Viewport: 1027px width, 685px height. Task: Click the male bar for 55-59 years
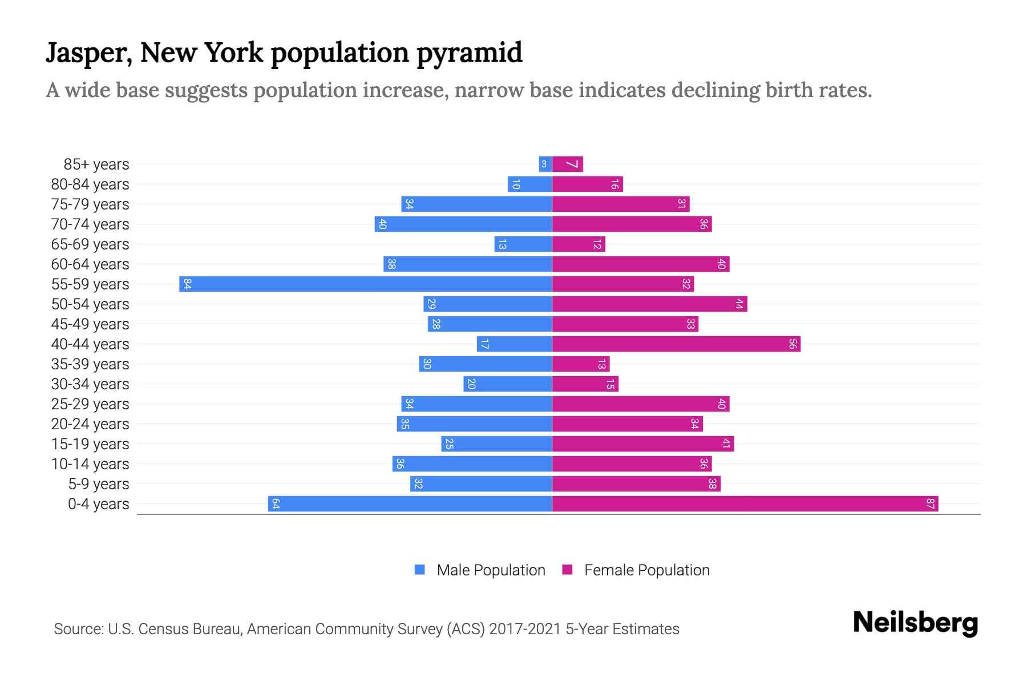pos(365,284)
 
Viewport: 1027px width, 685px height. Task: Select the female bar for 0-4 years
pos(745,503)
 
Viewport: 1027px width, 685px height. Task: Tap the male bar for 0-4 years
pos(410,503)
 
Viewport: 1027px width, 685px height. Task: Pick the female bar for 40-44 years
pos(676,344)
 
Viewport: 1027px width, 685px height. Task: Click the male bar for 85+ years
pos(545,164)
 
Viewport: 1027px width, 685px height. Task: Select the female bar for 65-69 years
pos(579,244)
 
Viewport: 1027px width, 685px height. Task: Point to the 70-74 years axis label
pos(90,224)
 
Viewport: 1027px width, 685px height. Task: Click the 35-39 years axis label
pos(90,364)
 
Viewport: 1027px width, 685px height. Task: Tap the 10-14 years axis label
pos(90,464)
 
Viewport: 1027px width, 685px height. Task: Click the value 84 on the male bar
pos(187,284)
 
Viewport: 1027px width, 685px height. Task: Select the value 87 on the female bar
pos(930,503)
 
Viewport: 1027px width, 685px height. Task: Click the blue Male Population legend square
pos(420,570)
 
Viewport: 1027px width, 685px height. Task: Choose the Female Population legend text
pos(646,570)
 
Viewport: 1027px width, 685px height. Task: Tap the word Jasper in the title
pos(88,53)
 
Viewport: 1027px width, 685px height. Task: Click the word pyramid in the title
pos(469,53)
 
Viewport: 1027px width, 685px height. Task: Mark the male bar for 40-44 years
pos(514,344)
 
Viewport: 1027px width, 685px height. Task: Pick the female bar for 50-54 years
pos(649,304)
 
